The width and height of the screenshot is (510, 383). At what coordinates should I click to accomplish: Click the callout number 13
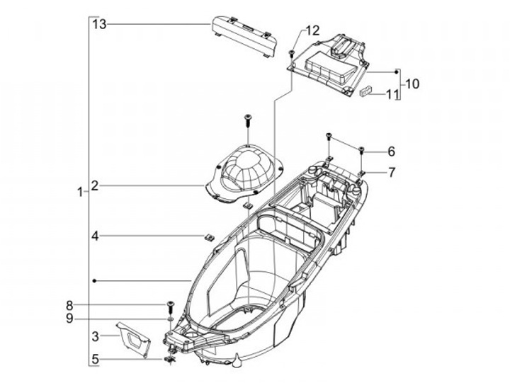(100, 24)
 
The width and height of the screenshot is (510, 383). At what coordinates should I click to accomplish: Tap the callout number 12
(312, 31)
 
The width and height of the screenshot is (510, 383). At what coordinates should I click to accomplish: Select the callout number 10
(412, 84)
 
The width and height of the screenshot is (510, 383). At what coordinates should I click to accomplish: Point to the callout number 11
(392, 95)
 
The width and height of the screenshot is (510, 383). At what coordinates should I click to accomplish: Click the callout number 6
(391, 152)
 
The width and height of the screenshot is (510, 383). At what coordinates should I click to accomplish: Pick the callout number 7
(391, 172)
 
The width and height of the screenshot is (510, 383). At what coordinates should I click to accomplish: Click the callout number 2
(95, 186)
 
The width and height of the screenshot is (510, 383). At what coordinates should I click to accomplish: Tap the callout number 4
(95, 236)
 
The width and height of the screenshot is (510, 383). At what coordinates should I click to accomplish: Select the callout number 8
(69, 306)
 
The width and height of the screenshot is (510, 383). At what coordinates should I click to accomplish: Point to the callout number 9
(69, 319)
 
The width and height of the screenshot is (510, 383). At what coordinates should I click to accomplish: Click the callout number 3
(95, 336)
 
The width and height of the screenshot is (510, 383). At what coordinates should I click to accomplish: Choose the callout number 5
(95, 359)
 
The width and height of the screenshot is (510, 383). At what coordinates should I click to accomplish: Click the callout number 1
(80, 192)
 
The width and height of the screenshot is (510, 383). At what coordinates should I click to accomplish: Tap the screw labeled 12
(291, 54)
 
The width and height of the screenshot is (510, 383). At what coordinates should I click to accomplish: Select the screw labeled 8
(170, 307)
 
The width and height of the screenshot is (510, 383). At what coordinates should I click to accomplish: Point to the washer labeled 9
(170, 319)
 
